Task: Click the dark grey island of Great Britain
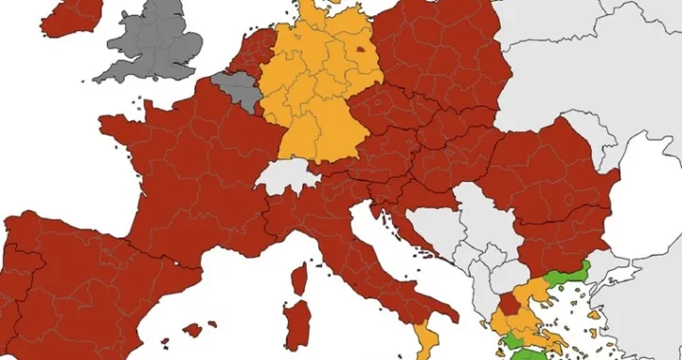pyautogui.click(x=161, y=43)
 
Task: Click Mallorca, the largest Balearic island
pyautogui.click(x=193, y=330)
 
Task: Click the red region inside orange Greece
pyautogui.click(x=510, y=304)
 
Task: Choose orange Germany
pyautogui.click(x=317, y=95)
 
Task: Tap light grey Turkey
pyautogui.click(x=644, y=284)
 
